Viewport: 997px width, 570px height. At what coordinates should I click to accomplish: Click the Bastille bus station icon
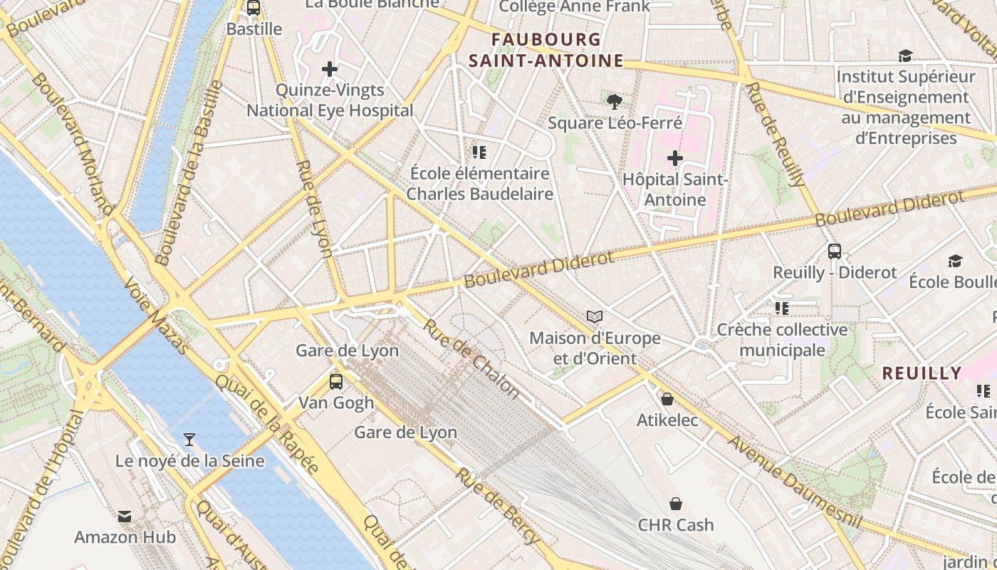click(253, 8)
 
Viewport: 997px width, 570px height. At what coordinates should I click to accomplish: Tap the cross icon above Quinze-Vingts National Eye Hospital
click(330, 69)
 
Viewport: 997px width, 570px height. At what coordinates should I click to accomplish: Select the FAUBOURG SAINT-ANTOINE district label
click(546, 50)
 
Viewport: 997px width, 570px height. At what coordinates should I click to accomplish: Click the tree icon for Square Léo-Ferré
click(615, 101)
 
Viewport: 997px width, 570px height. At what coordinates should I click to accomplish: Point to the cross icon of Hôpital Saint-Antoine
click(674, 157)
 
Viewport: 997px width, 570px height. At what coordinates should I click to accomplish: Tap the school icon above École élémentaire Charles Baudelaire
click(479, 152)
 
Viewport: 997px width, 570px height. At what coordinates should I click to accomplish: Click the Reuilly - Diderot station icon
click(835, 251)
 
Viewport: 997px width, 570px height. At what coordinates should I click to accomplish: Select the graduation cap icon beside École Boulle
click(955, 261)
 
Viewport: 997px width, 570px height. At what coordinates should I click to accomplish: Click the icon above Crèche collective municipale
click(782, 308)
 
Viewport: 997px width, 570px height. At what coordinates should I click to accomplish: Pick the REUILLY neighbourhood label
click(922, 373)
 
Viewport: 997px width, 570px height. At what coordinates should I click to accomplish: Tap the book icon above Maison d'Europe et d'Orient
click(595, 316)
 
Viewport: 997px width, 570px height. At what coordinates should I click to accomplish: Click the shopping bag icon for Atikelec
click(667, 399)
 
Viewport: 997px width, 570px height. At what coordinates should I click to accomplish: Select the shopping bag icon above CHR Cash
click(675, 504)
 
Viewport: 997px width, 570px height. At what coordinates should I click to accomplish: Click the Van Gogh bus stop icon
click(335, 381)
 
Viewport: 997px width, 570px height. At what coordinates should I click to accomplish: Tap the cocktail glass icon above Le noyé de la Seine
click(189, 439)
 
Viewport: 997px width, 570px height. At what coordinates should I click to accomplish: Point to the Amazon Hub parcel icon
click(125, 516)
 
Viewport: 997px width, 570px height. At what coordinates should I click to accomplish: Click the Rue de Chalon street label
click(472, 357)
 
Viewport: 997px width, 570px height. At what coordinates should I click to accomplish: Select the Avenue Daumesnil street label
click(794, 482)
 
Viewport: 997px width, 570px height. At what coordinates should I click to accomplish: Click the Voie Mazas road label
click(157, 316)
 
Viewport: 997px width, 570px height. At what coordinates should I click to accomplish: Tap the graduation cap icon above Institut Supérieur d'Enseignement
click(905, 56)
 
